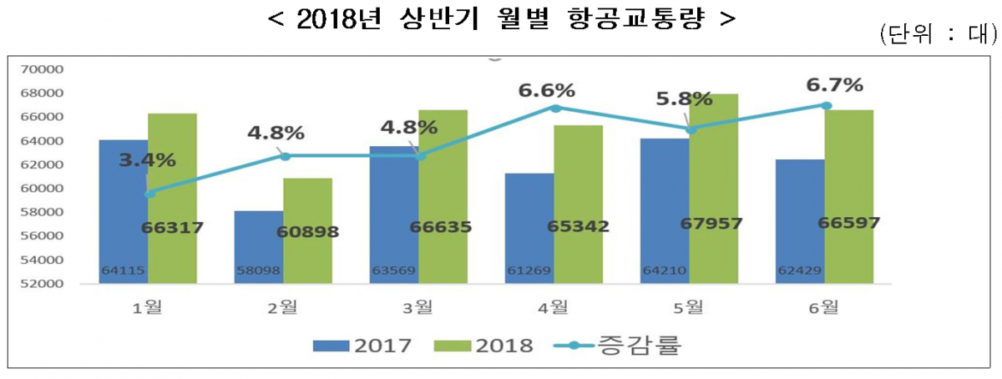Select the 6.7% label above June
coord(835,85)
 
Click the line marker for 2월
coord(285,156)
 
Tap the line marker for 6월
coord(826,105)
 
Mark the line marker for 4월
coord(555,108)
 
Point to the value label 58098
coord(259,270)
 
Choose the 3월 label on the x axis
coord(419,307)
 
